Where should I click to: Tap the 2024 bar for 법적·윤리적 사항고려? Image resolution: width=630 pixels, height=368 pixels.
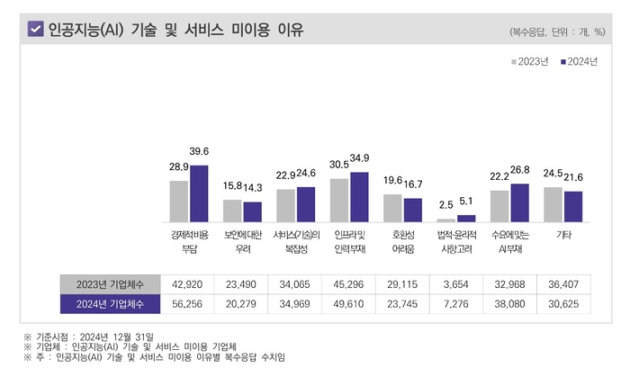click(x=466, y=219)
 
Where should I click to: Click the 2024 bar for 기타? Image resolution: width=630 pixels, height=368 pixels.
click(x=573, y=206)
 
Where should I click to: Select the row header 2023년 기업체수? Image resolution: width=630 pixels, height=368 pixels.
click(x=110, y=283)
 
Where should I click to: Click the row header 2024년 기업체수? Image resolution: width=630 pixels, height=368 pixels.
click(x=110, y=302)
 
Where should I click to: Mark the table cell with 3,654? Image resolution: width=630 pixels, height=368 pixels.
click(x=456, y=283)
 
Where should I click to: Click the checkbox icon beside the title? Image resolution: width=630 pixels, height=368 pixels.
click(x=36, y=29)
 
